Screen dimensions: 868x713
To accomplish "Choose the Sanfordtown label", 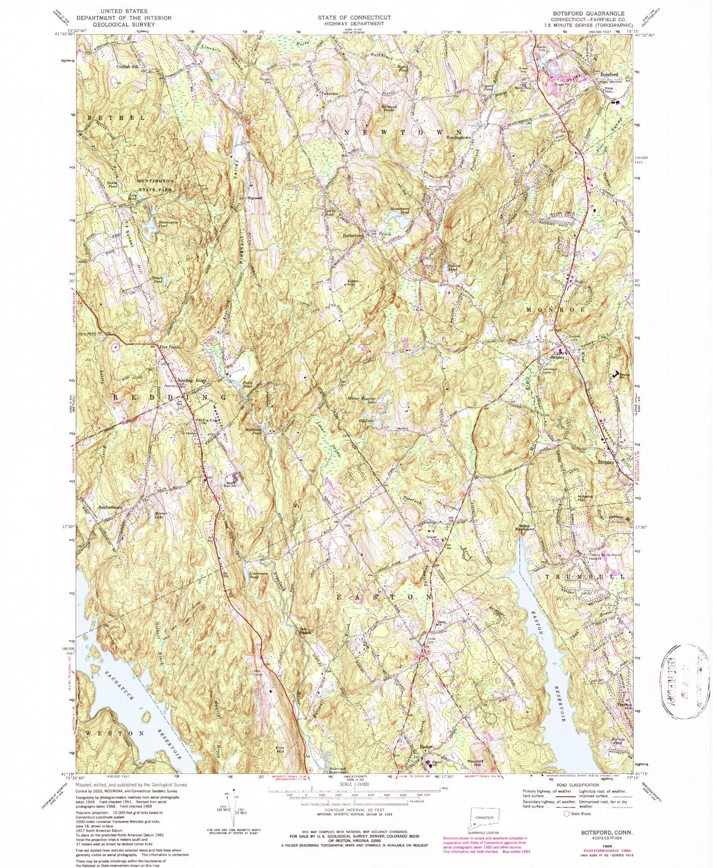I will tap(110, 507).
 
